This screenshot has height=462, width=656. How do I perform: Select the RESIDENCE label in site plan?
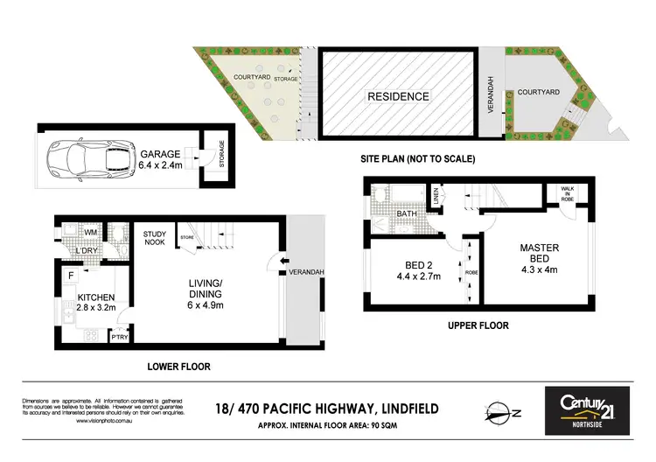pos(398,96)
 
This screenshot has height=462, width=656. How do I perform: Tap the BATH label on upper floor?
pos(407,213)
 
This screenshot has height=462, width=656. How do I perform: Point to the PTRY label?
pos(117,335)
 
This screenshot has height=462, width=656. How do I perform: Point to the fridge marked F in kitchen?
pos(69,276)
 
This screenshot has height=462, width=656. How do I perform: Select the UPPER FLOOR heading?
pos(479,325)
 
